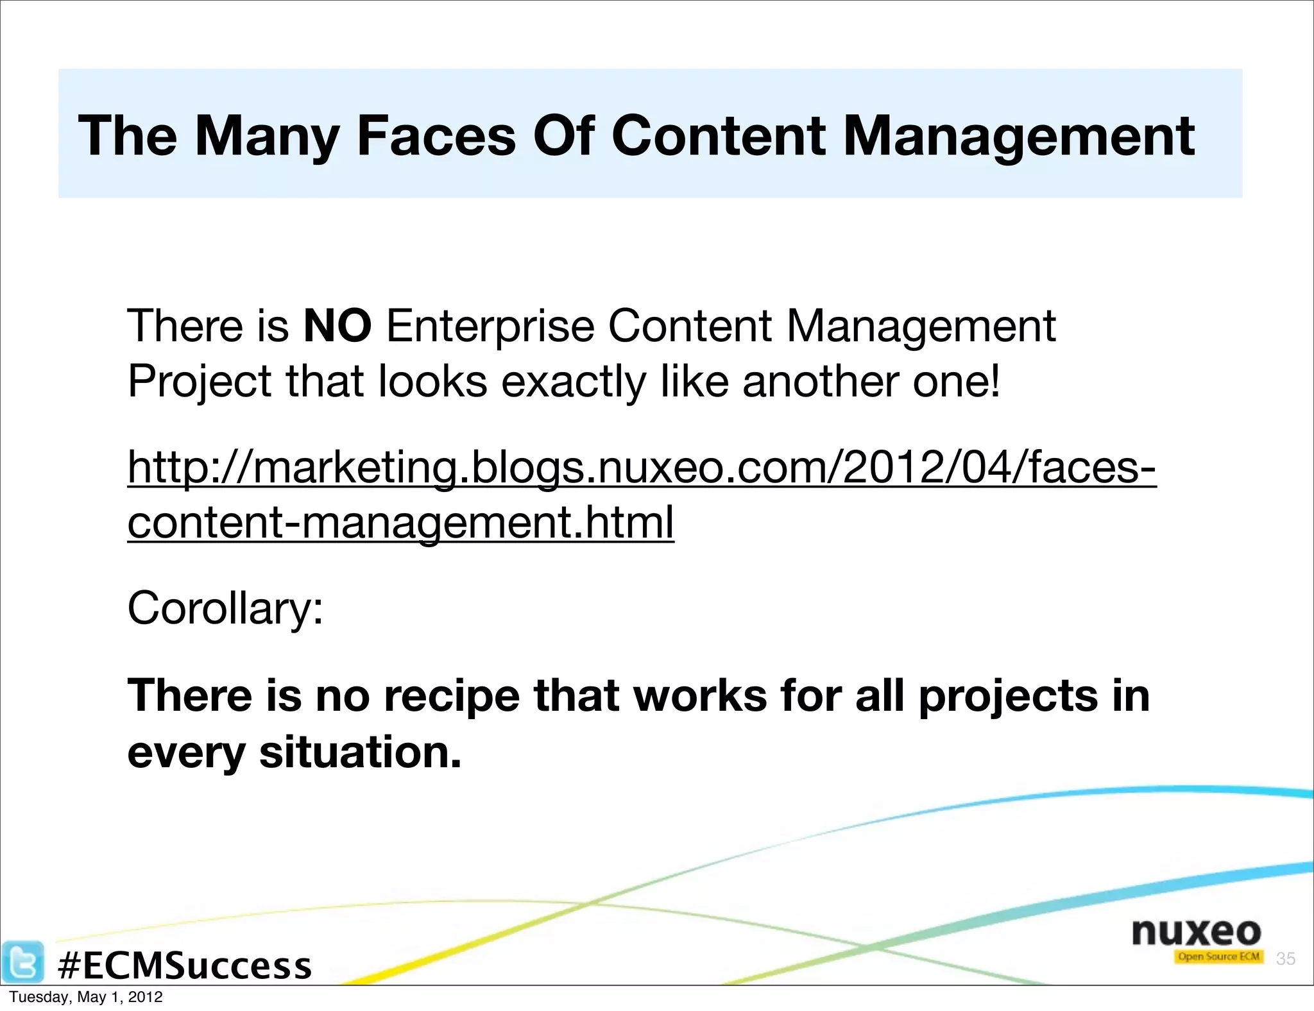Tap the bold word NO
(337, 326)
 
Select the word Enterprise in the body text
(490, 326)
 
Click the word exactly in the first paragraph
(573, 382)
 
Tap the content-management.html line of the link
(400, 522)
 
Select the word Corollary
(225, 607)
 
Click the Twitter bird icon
(23, 961)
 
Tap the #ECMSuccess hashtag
(185, 965)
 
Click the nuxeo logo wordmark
(1196, 931)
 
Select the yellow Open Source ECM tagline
(1218, 957)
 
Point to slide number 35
(1285, 958)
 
